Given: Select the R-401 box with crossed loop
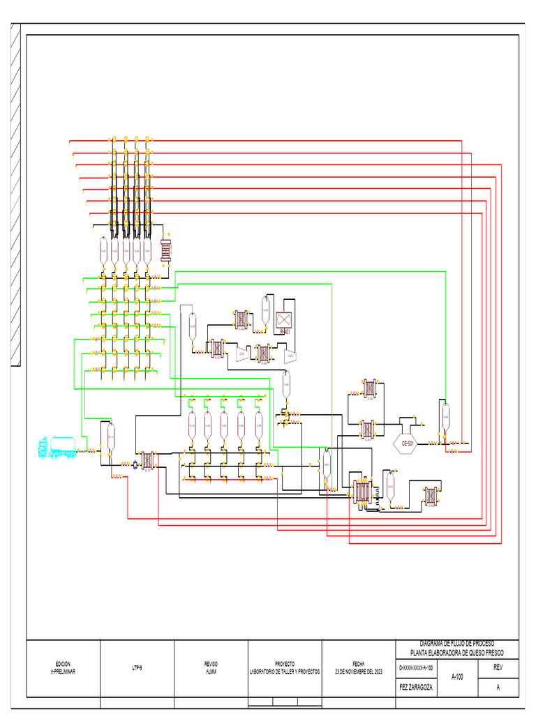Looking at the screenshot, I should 284,321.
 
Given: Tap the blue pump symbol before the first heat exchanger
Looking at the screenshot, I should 135,464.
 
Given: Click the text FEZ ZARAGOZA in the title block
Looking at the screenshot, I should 415,686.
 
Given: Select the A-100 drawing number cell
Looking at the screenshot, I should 458,676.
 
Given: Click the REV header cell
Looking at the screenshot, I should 498,667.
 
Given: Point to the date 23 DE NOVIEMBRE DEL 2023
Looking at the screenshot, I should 358,671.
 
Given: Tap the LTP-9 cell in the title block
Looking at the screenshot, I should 137,668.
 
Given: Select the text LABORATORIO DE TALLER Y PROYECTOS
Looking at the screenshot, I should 285,671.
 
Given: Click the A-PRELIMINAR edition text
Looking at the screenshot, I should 63,671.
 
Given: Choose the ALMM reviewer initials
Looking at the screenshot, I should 211,671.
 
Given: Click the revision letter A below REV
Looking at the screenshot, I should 498,687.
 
